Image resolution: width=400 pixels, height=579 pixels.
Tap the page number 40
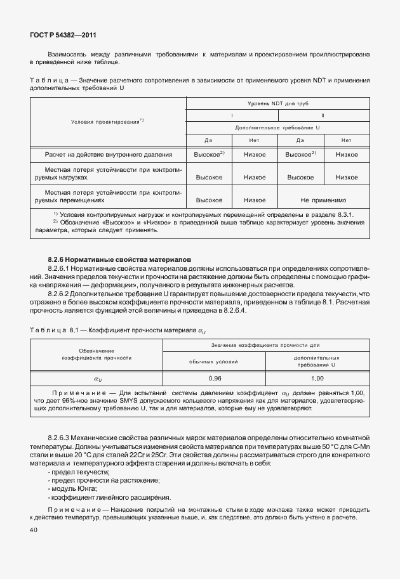(34, 530)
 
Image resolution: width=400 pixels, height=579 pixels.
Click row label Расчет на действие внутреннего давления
(108, 154)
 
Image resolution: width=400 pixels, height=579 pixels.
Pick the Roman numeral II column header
(324, 115)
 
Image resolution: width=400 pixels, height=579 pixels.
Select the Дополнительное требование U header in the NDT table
(278, 127)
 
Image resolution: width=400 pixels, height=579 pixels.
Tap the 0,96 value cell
(215, 379)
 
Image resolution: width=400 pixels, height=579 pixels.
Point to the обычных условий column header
(215, 361)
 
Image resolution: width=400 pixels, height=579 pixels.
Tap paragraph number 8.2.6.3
(62, 438)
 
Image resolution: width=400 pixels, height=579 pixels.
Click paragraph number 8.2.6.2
(62, 294)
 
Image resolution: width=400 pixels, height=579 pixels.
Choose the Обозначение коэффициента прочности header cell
(97, 355)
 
